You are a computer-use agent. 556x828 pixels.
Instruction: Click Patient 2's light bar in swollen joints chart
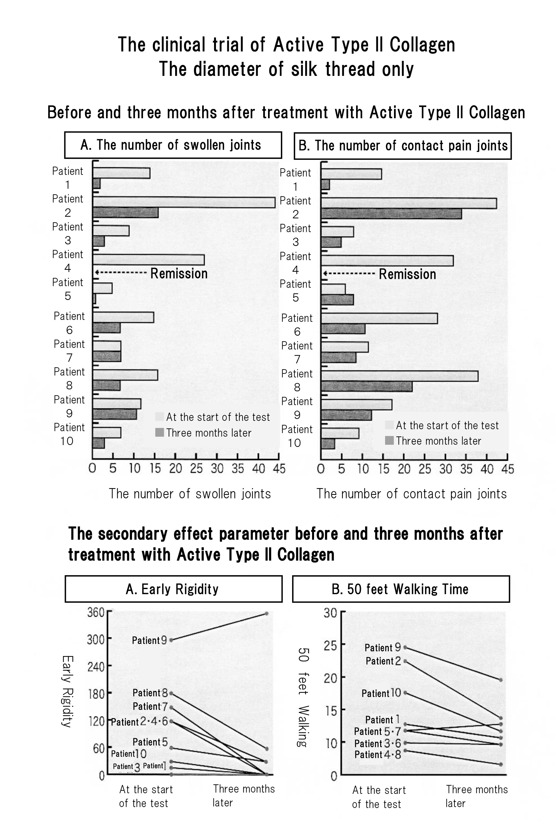tap(184, 202)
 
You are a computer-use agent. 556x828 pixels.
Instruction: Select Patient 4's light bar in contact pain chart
tap(387, 261)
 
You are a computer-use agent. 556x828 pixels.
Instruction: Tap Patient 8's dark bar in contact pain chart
tap(366, 386)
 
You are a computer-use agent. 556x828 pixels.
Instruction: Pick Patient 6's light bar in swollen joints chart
tap(123, 317)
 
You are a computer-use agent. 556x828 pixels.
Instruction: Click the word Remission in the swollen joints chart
tap(179, 274)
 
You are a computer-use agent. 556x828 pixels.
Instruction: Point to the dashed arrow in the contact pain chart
tap(349, 274)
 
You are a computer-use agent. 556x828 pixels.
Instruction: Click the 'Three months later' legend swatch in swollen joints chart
tap(159, 432)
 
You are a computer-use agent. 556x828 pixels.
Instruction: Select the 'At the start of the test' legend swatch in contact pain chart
tap(389, 425)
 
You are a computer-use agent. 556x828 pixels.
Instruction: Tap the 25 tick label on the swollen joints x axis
tap(196, 469)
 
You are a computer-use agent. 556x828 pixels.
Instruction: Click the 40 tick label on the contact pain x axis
tap(487, 469)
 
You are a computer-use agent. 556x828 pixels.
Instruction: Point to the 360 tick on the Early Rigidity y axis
tap(95, 612)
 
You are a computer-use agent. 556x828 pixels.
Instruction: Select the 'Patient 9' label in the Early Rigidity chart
tap(149, 640)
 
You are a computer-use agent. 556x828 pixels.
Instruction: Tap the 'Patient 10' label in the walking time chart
tap(381, 693)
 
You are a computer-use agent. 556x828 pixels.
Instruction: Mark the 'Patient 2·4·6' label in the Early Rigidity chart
tap(139, 722)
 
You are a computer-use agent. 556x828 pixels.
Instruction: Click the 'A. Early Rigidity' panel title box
tap(174, 589)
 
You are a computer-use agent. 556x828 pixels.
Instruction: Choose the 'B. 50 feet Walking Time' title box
tap(401, 589)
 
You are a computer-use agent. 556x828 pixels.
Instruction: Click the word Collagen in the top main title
tap(422, 45)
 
